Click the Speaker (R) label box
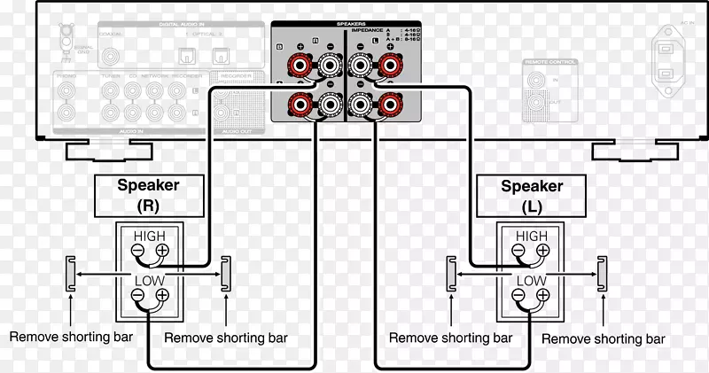(149, 195)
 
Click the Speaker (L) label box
(532, 195)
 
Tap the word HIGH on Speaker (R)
(149, 235)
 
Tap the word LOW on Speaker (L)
(532, 281)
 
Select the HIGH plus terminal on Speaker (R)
(161, 251)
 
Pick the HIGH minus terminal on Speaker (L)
(518, 251)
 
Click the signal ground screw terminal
(66, 39)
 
